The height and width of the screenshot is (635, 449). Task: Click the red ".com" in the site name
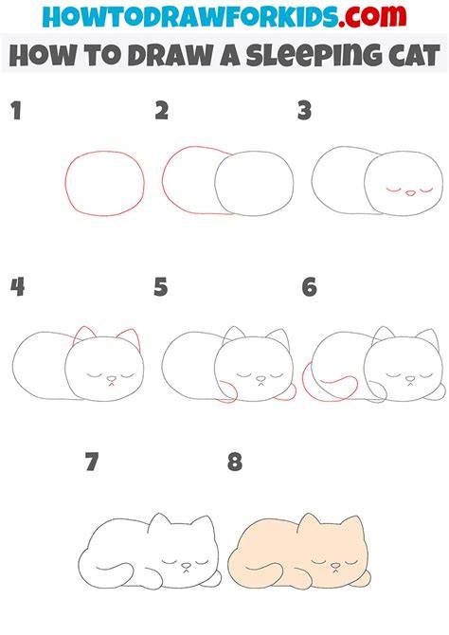372,16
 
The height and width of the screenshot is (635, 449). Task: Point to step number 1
16,111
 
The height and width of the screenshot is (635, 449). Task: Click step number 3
304,111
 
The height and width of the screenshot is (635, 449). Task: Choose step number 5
160,287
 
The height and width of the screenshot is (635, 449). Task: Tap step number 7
92,462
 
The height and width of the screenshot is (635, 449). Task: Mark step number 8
235,462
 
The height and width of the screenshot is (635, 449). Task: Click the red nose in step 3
410,193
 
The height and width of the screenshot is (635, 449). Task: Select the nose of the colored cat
335,566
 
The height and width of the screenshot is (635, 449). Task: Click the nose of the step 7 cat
186,566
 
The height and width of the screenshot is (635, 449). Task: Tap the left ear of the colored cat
308,521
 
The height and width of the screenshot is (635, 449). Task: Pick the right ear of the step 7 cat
206,524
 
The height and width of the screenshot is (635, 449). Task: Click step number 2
162,111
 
